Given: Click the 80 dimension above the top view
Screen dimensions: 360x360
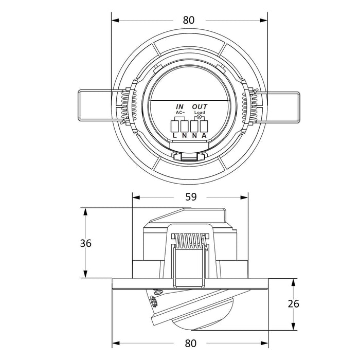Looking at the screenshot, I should (x=189, y=20).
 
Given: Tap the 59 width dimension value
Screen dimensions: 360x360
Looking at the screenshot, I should (x=191, y=197).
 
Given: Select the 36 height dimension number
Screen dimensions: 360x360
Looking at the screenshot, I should (x=86, y=243).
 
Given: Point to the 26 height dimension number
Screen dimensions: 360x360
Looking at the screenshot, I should (x=293, y=304).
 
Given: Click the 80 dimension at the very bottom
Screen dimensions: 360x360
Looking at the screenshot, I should (x=191, y=343).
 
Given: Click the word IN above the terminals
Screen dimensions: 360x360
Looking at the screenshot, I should (x=180, y=106).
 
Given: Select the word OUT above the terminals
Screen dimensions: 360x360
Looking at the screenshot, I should (x=200, y=106).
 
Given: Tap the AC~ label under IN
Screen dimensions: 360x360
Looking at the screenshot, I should (x=180, y=112).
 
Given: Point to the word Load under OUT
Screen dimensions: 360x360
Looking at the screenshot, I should (x=200, y=112).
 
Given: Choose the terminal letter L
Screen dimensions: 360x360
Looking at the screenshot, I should (x=175, y=135).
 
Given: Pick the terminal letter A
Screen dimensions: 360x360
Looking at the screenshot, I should (x=205, y=135).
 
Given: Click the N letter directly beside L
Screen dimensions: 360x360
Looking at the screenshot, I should (x=185, y=135).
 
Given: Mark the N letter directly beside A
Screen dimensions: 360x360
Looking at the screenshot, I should (x=194, y=135).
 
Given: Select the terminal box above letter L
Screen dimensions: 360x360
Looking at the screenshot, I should (x=175, y=125).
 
